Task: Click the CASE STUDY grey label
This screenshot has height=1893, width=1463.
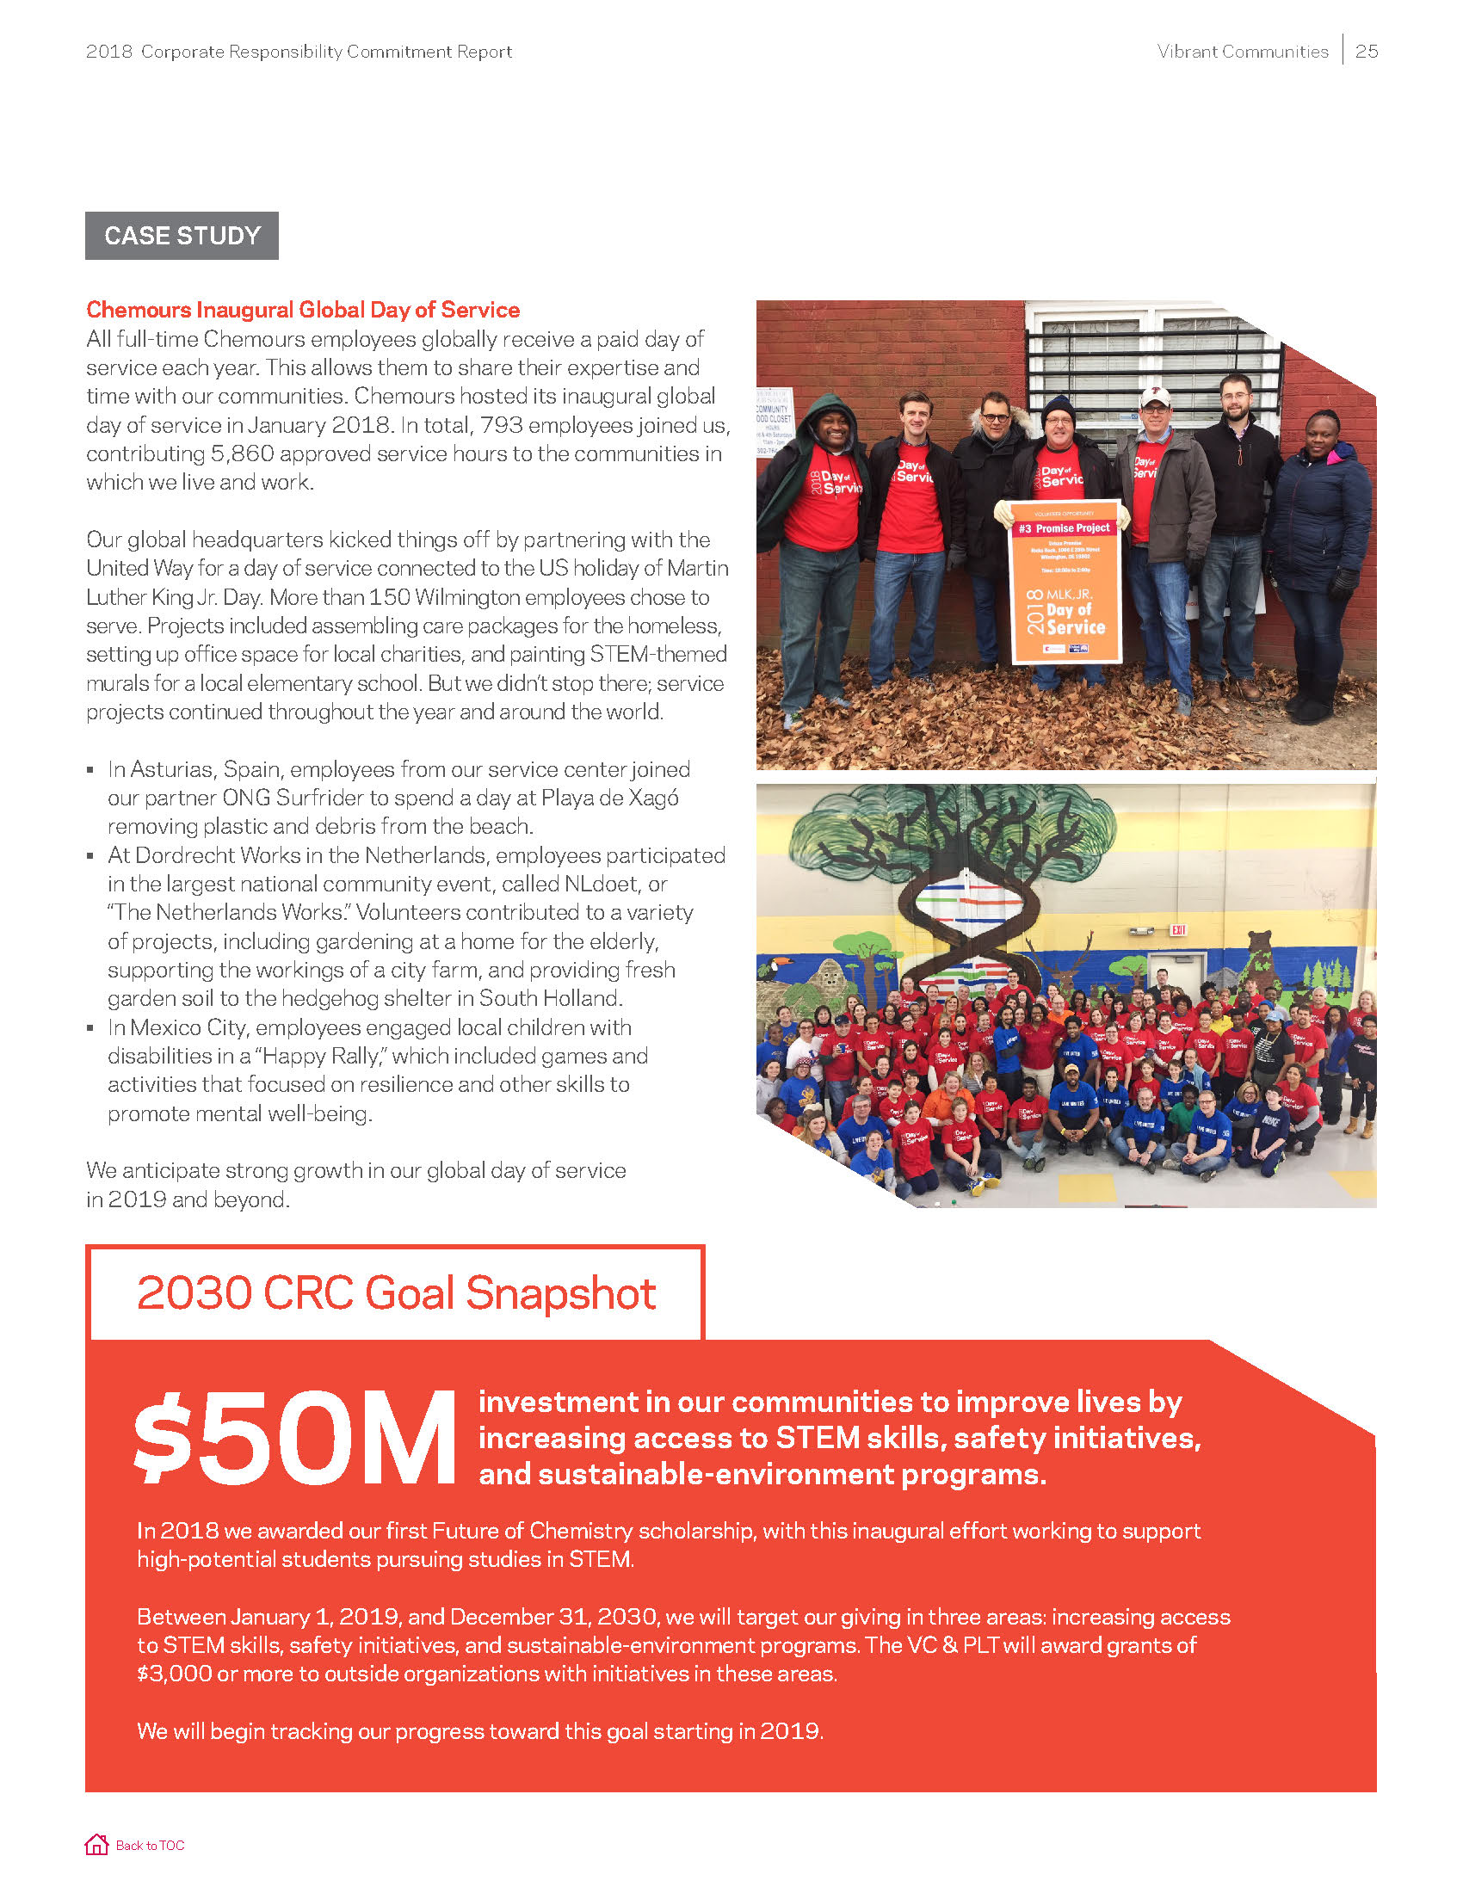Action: click(182, 236)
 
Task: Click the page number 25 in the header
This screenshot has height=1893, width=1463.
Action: click(1367, 51)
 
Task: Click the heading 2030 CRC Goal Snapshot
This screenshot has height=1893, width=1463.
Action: click(396, 1293)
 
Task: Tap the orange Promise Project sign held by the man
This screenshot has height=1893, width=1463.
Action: click(1066, 583)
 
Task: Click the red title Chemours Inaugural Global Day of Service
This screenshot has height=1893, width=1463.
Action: click(302, 310)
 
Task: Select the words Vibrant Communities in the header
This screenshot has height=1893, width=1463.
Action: click(1242, 51)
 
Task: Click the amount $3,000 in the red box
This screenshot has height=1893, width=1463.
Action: click(174, 1674)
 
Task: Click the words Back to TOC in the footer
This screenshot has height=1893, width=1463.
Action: click(150, 1846)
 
